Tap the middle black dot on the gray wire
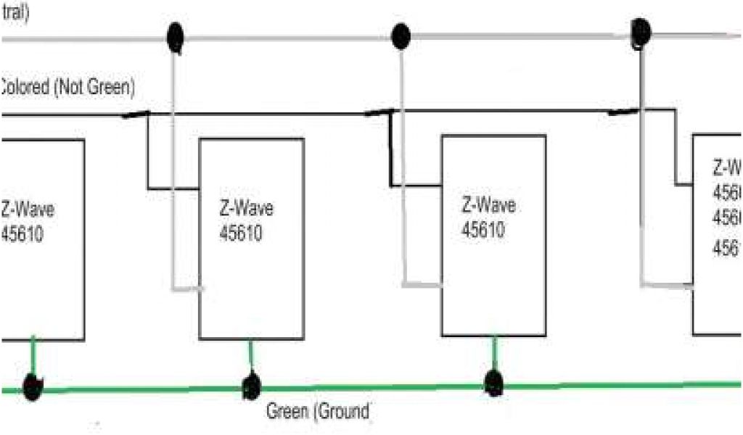400,36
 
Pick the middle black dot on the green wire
251,385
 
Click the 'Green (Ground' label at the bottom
319,413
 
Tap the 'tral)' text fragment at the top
15,14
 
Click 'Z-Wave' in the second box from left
246,209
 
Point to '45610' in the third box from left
485,229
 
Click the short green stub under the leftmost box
33,357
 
